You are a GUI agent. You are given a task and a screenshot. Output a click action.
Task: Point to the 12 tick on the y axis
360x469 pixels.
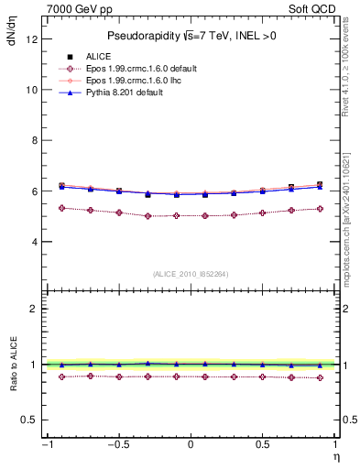click(x=32, y=39)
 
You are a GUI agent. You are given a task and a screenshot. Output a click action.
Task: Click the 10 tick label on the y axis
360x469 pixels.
click(x=32, y=90)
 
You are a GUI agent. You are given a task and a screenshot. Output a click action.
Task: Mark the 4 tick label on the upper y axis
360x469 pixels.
click(x=35, y=242)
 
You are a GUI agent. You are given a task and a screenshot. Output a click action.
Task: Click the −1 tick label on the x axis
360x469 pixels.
click(x=46, y=444)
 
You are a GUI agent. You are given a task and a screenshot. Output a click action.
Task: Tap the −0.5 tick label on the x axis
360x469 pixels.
click(x=116, y=444)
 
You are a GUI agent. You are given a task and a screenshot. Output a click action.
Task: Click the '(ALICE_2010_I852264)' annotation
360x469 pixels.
click(x=190, y=273)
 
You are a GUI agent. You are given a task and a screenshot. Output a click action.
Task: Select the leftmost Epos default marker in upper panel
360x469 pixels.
click(x=61, y=208)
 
